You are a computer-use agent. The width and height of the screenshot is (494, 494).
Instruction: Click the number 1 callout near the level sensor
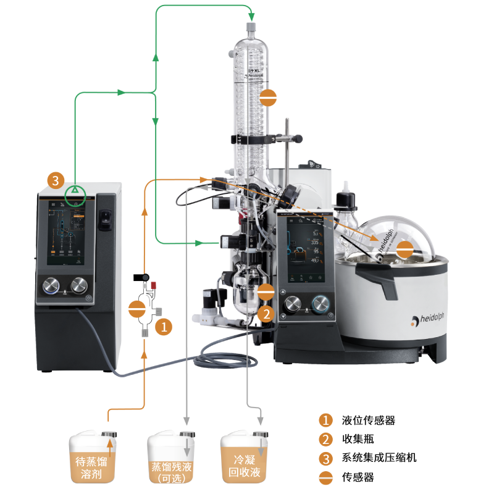[164, 327]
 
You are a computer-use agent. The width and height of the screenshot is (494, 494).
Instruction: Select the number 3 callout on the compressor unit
[56, 181]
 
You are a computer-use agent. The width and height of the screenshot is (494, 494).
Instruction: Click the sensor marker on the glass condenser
[269, 97]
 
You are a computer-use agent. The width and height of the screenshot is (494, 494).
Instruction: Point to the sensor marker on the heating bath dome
[405, 249]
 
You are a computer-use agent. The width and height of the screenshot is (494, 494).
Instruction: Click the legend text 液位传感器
[368, 421]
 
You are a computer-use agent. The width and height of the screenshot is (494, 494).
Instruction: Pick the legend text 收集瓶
[358, 439]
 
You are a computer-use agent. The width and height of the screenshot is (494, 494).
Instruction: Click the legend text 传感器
[358, 477]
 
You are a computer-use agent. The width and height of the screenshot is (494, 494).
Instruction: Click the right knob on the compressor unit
[79, 285]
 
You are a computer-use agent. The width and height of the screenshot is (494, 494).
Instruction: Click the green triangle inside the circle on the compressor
[75, 191]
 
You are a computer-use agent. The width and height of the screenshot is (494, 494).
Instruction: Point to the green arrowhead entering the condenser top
[251, 16]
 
